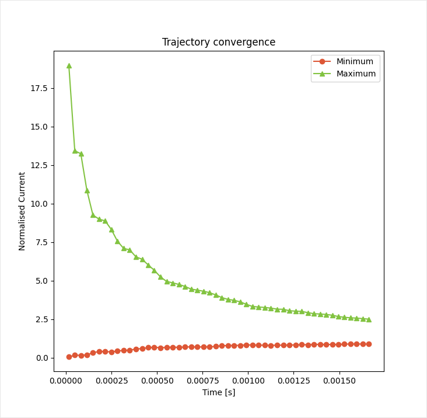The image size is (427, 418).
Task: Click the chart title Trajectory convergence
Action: click(x=219, y=42)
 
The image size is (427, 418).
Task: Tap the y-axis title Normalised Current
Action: click(x=22, y=211)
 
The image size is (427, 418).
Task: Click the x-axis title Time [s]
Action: click(x=219, y=392)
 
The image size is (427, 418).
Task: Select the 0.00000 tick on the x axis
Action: click(x=66, y=381)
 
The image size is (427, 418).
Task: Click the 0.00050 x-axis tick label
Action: click(x=157, y=381)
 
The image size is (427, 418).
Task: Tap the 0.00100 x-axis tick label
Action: click(x=248, y=381)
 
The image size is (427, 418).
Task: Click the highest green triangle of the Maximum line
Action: click(x=69, y=65)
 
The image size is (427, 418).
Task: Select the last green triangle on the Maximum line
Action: click(x=369, y=319)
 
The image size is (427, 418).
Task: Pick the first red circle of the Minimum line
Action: click(x=69, y=357)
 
